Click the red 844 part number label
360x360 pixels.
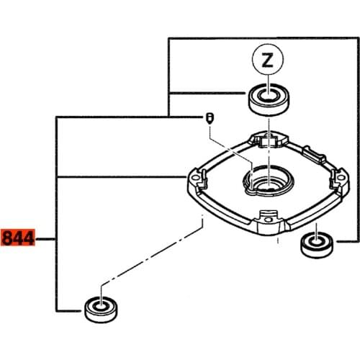[18, 238]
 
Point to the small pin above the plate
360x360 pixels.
[210, 119]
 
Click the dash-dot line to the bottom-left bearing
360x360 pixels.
[151, 264]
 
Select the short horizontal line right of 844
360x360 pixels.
[47, 238]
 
